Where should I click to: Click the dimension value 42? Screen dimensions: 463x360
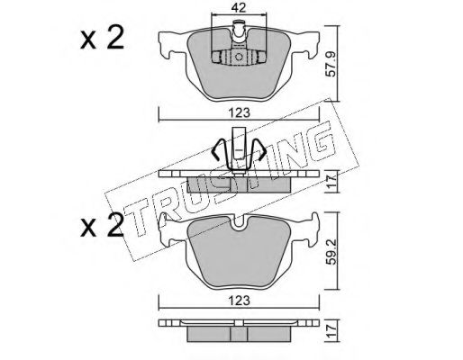pyautogui.click(x=239, y=7)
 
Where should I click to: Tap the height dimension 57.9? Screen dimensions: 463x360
pyautogui.click(x=332, y=67)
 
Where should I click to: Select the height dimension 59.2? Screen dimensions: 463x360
pyautogui.click(x=332, y=252)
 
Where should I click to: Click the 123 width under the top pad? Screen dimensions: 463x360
pyautogui.click(x=239, y=112)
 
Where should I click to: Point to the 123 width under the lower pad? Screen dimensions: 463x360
pyautogui.click(x=239, y=301)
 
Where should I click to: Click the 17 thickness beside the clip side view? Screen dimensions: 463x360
pyautogui.click(x=332, y=181)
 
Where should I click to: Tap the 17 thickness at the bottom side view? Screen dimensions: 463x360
pyautogui.click(x=332, y=330)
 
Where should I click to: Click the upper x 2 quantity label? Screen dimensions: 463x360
pyautogui.click(x=102, y=38)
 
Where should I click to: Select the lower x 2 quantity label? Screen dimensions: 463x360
pyautogui.click(x=102, y=225)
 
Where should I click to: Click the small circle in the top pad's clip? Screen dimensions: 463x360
pyautogui.click(x=239, y=57)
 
